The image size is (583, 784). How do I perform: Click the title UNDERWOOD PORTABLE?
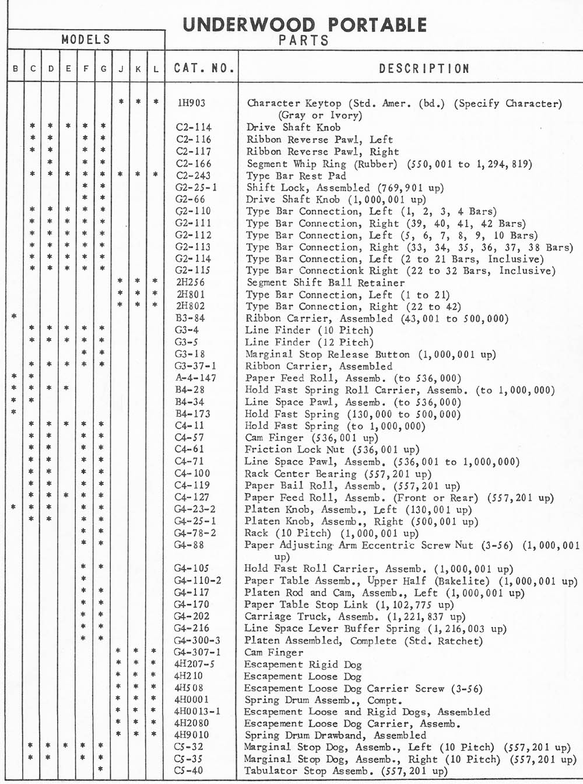[x=304, y=25]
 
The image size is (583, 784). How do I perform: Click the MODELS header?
[x=86, y=40]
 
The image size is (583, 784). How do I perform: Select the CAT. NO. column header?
[x=203, y=68]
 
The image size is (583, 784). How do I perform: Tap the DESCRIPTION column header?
[x=424, y=69]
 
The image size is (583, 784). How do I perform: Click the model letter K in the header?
[x=138, y=69]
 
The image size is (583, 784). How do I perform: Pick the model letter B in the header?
[x=15, y=69]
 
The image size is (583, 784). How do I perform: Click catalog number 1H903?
[x=191, y=103]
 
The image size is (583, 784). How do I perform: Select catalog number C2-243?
[x=193, y=175]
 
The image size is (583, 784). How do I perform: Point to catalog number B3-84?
[x=190, y=318]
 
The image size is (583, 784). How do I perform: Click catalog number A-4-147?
[x=195, y=378]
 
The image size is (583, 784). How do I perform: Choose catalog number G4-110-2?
[x=197, y=581]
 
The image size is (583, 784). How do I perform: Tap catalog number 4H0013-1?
[x=197, y=711]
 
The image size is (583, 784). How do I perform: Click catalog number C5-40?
[x=189, y=771]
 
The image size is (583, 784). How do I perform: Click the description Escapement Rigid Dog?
[x=303, y=665]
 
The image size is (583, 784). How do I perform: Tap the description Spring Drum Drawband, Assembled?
[x=335, y=735]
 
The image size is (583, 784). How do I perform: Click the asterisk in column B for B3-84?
[x=14, y=317]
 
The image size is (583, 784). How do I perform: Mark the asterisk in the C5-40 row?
[x=101, y=769]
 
